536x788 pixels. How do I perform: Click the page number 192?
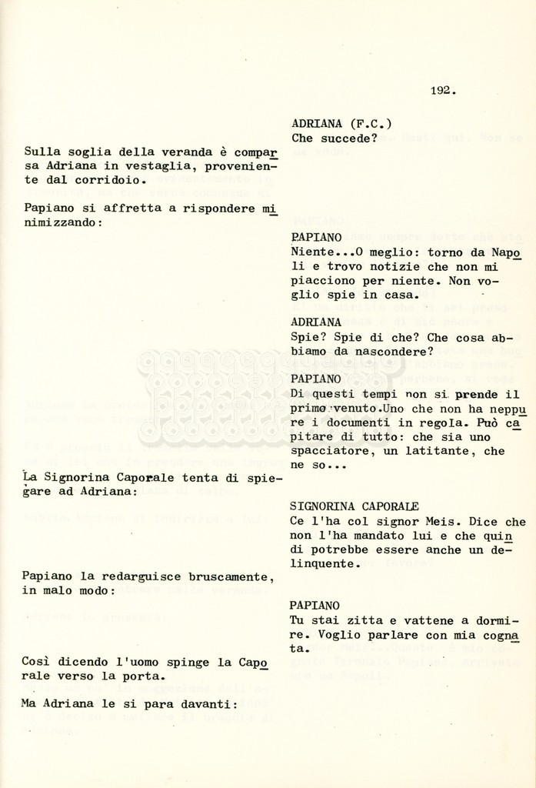tap(443, 91)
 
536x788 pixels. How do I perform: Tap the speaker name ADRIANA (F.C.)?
tap(341, 124)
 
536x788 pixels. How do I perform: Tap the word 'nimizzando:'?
tap(62, 222)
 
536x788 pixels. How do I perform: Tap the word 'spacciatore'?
tap(328, 451)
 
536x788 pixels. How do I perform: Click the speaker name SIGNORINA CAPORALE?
tap(355, 507)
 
